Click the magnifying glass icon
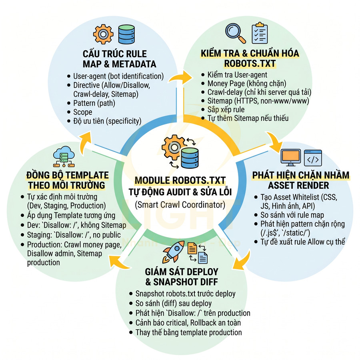click(x=235, y=33)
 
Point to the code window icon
click(x=313, y=158)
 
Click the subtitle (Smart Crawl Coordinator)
click(x=180, y=205)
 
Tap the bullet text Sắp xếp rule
click(x=226, y=110)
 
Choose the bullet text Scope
click(x=82, y=112)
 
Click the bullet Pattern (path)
click(x=94, y=103)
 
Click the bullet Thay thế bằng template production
click(x=188, y=332)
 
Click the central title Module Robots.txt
click(x=180, y=180)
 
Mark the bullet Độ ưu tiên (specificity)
click(x=107, y=121)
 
